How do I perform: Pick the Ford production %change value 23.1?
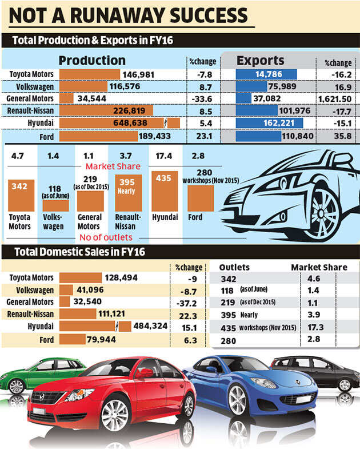point(197,136)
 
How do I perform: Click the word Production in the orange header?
point(92,61)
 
